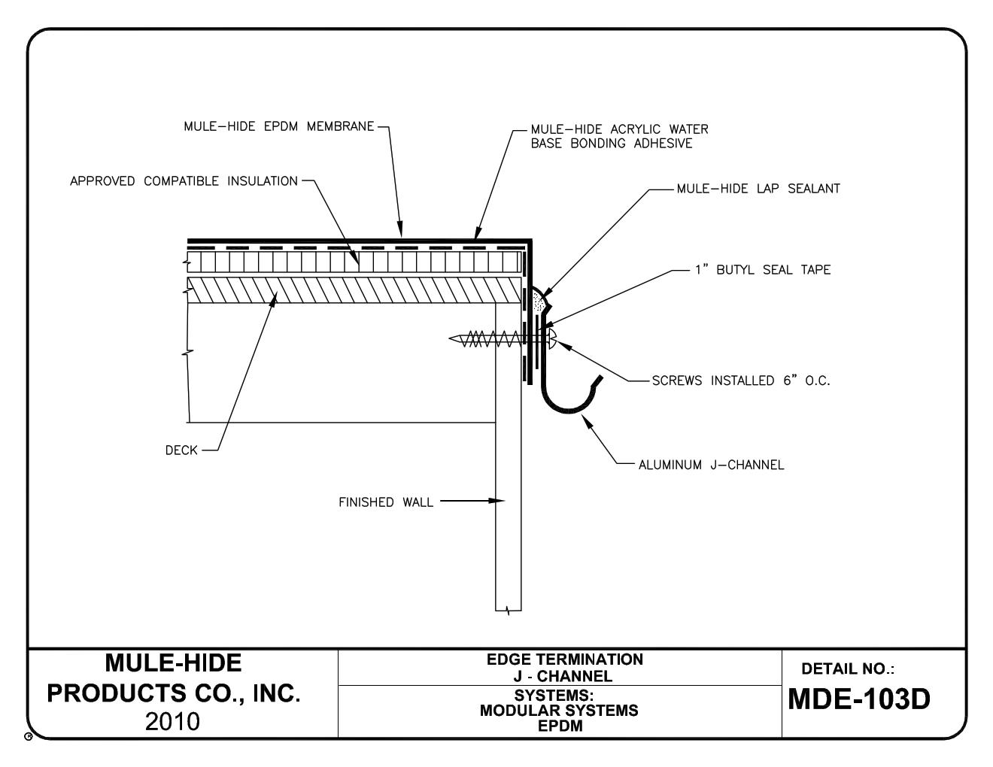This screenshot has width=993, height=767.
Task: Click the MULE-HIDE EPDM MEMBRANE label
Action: (x=278, y=126)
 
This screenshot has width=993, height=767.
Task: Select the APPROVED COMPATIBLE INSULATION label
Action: (x=184, y=181)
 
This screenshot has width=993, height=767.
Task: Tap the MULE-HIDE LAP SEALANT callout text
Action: (x=758, y=189)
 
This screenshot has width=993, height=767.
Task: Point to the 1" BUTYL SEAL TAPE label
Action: (x=762, y=270)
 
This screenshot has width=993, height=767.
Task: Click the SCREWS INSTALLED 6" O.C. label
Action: (x=740, y=380)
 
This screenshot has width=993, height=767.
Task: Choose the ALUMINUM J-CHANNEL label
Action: (x=711, y=465)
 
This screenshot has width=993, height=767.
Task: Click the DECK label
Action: (x=181, y=450)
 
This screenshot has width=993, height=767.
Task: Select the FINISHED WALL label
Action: (x=386, y=502)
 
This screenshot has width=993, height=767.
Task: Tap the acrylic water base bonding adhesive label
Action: (x=618, y=136)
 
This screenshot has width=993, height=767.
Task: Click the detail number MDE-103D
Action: (x=859, y=699)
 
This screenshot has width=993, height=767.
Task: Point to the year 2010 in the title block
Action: (x=173, y=721)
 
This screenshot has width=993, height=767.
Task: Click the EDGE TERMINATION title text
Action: (x=565, y=659)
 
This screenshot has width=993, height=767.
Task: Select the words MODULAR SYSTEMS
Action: (x=559, y=710)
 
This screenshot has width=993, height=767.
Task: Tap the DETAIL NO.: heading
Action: (x=848, y=668)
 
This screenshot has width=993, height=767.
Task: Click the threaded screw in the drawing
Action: (x=489, y=340)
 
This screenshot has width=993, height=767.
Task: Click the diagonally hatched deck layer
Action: (x=354, y=290)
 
